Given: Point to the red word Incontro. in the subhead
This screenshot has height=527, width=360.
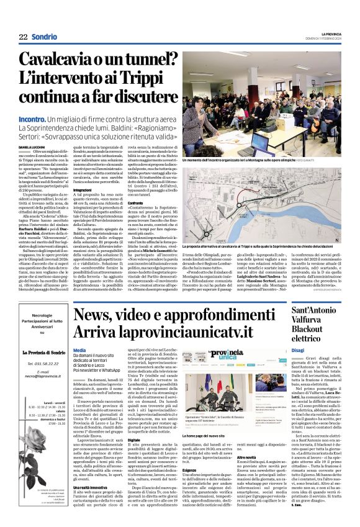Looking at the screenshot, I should (36, 119).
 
